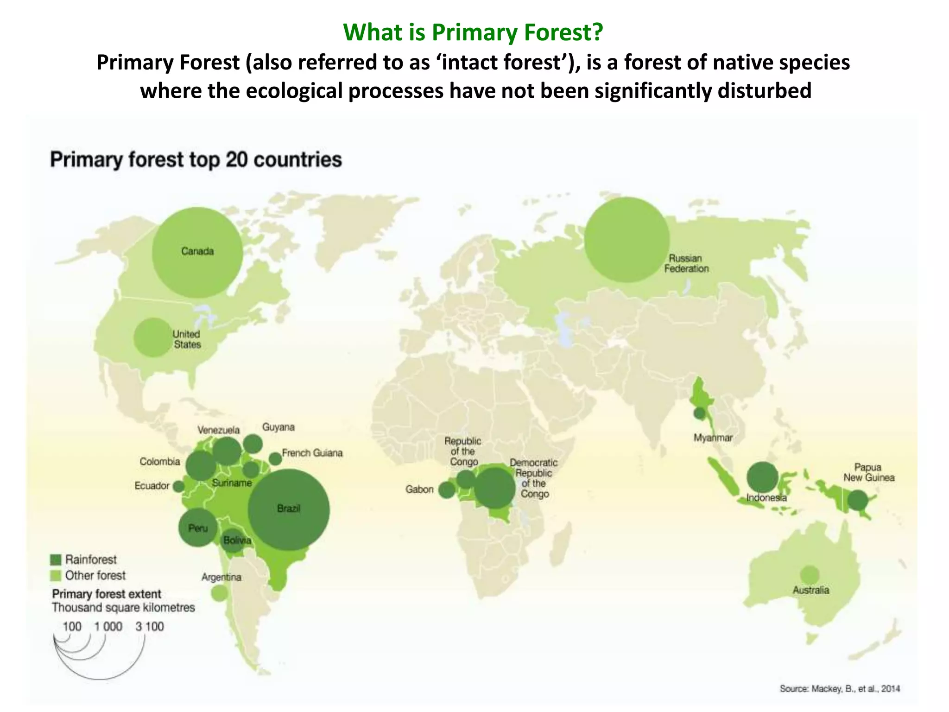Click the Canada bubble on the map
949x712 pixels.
click(x=197, y=252)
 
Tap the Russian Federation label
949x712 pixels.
click(x=686, y=263)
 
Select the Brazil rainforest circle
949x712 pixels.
click(x=289, y=509)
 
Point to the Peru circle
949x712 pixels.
click(x=198, y=528)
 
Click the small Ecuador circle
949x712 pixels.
click(x=178, y=486)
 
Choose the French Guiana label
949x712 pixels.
click(x=312, y=453)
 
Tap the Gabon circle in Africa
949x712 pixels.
click(x=447, y=490)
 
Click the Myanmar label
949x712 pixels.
click(x=713, y=438)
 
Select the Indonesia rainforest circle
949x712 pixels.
click(x=762, y=477)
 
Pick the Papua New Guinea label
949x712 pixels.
click(x=868, y=472)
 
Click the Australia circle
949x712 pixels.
click(x=809, y=575)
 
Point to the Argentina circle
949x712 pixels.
click(x=219, y=592)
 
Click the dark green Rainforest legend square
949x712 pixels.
click(x=56, y=559)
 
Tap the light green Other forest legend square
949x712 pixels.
click(x=56, y=576)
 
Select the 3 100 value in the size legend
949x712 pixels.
click(x=150, y=627)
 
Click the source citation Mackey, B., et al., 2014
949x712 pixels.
click(x=839, y=688)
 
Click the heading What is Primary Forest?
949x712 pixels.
click(x=473, y=32)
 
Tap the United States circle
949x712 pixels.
click(x=153, y=337)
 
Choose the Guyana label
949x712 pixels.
click(x=278, y=427)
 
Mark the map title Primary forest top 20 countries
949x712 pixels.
click(x=196, y=160)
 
